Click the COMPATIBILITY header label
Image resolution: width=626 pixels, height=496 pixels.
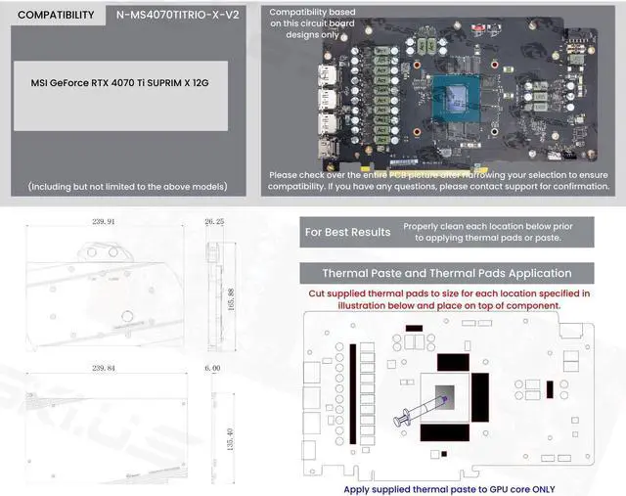point(56,15)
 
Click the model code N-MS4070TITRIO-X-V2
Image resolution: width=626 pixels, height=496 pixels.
point(177,15)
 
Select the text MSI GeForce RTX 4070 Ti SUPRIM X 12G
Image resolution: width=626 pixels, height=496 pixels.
point(120,84)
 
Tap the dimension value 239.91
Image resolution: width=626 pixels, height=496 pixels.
point(103,222)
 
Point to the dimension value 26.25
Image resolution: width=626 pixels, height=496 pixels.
point(214,222)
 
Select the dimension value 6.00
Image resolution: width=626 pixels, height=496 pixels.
point(212,369)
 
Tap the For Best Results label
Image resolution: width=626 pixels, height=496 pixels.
point(347,232)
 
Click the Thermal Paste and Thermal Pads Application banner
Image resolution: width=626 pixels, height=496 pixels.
point(446,273)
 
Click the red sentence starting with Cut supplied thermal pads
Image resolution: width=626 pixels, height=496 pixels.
point(449,298)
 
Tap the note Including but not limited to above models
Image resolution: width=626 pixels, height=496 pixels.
point(120,186)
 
